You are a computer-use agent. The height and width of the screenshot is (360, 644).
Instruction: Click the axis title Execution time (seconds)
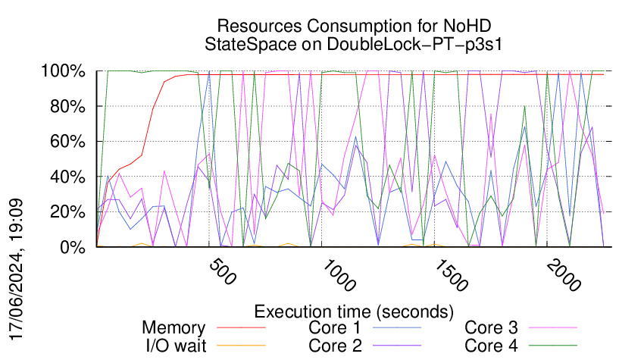point(354,311)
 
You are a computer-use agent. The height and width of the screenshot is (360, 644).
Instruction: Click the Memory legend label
point(174,328)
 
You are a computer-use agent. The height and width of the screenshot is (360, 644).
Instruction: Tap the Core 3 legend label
point(491,328)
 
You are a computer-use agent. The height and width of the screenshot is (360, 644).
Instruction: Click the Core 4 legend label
point(491,345)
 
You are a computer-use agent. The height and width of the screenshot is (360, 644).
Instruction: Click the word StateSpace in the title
point(254,44)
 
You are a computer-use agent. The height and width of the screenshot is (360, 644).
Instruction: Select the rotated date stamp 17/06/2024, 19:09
point(17,270)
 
